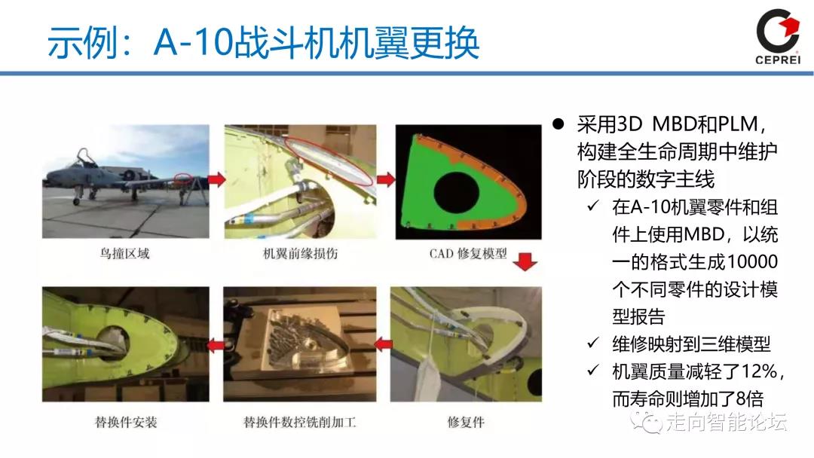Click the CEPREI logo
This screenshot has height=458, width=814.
778,36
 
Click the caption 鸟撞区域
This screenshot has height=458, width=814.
124,254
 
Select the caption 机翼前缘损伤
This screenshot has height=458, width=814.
300,254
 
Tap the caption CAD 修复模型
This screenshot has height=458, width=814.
468,254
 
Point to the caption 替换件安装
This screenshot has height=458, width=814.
126,422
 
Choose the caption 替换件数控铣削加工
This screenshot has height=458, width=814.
299,422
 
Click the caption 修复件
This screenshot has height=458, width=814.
466,422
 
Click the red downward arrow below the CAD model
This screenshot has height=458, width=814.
525,262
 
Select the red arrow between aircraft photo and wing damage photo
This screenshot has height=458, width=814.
216,179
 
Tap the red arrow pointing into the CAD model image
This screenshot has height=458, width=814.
386,179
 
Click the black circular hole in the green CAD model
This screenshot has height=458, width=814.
456,194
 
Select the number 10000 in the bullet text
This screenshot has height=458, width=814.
751,261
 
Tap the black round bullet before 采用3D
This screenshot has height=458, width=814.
558,124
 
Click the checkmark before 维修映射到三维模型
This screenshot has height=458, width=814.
593,343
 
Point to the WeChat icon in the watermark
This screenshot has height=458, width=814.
647,422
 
